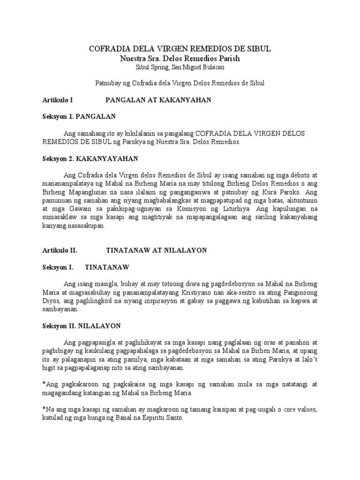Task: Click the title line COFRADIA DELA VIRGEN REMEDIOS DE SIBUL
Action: pyautogui.click(x=180, y=49)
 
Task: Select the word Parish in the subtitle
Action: pyautogui.click(x=228, y=59)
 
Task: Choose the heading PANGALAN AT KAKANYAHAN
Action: pyautogui.click(x=158, y=100)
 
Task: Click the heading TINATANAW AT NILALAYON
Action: pyautogui.click(x=157, y=250)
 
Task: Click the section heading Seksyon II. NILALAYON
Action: pyautogui.click(x=82, y=325)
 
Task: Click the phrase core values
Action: pyautogui.click(x=299, y=410)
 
